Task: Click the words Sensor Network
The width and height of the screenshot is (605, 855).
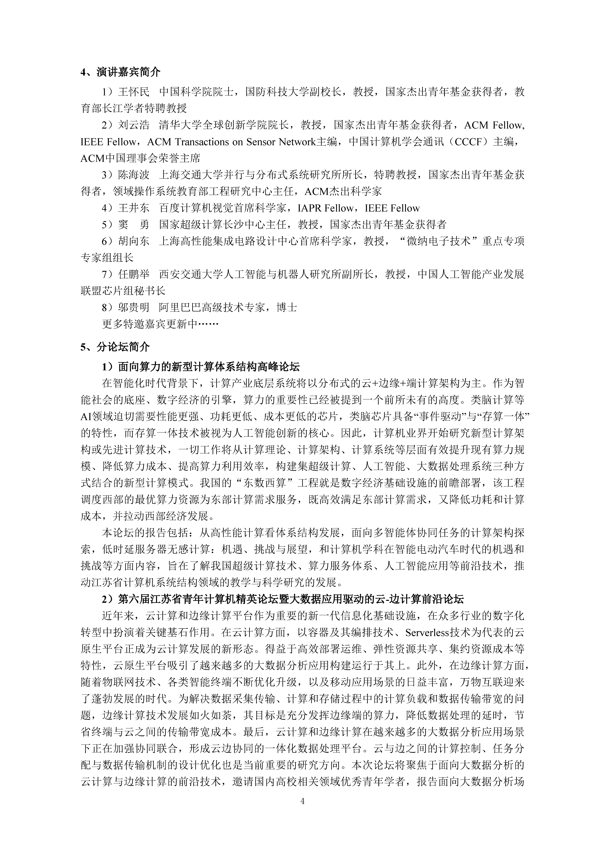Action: (281, 142)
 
